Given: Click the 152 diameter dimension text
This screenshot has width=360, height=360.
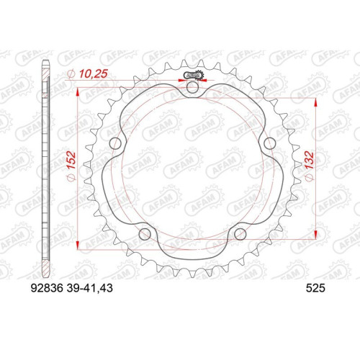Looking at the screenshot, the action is click(71, 160).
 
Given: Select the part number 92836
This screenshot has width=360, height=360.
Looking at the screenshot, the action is click(47, 288).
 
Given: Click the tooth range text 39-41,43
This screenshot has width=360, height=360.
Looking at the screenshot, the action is click(90, 288).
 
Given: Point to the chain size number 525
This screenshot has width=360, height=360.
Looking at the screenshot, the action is click(315, 288).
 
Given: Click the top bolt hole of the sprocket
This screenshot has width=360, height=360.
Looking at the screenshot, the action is click(192, 87).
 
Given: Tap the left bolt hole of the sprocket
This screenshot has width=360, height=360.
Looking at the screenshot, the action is click(115, 143).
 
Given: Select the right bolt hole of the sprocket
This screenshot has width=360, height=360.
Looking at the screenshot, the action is click(270, 143).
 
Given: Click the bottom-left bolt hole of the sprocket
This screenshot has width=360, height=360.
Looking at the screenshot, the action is click(145, 234).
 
